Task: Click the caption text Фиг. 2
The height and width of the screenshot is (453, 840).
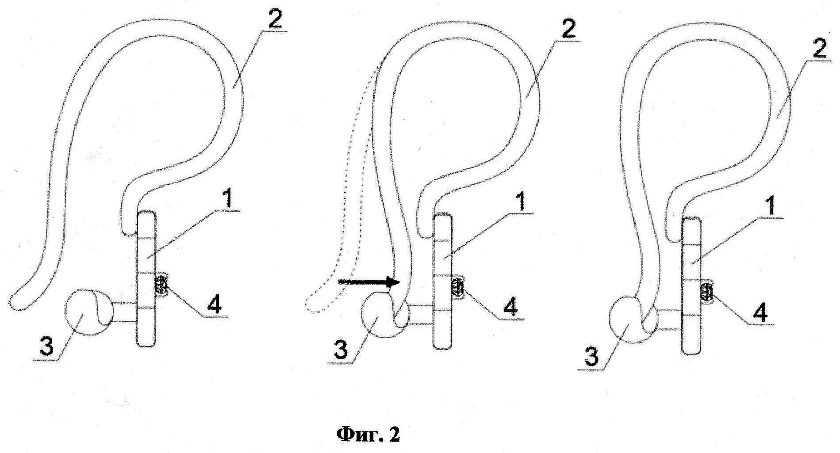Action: click(368, 434)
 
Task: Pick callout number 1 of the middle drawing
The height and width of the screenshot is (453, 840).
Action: click(522, 202)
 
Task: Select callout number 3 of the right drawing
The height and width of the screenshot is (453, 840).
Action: click(591, 356)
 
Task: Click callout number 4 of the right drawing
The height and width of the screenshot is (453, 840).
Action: click(759, 312)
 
